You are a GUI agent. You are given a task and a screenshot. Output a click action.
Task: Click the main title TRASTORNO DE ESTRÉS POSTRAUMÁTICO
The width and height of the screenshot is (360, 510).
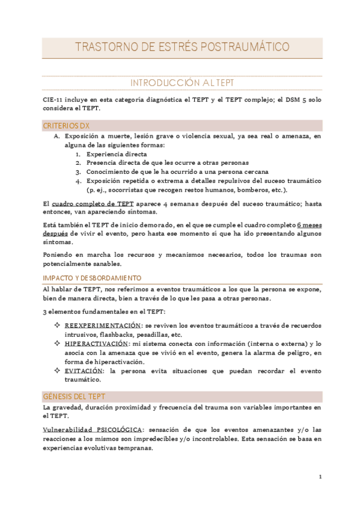coord(181,47)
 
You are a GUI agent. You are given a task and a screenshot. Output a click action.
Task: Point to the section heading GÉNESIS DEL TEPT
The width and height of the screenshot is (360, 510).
coord(75,396)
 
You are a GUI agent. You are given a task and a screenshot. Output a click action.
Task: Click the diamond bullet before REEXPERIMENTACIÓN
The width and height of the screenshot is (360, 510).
coord(56,325)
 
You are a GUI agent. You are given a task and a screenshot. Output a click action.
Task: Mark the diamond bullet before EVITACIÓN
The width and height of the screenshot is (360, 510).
coord(56,371)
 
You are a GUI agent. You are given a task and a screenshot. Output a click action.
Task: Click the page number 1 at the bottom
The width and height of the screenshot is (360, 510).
coord(320,477)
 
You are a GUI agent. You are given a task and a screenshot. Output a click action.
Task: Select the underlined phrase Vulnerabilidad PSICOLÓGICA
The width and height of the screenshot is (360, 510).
coord(93,430)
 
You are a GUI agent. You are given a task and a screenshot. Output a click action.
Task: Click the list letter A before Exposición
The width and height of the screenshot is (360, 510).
coord(56,137)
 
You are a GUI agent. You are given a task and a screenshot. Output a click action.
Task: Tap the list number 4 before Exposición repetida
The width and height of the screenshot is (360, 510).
coord(78,180)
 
